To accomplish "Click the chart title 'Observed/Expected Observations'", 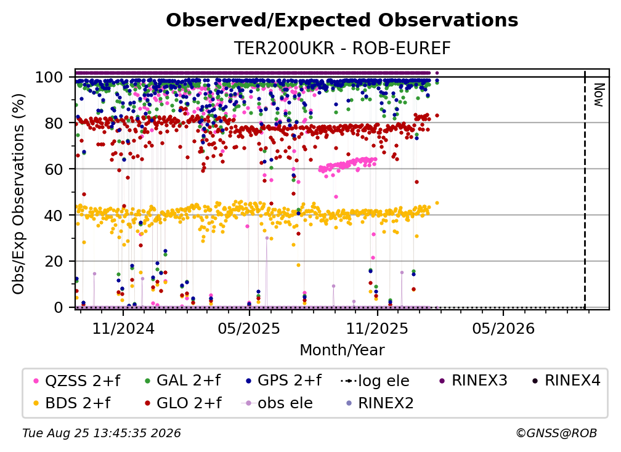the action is click(342, 20).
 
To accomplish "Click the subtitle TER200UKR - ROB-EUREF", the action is click(342, 48).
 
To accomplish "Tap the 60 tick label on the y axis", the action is click(54, 169).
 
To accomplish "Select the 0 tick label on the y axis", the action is click(59, 307).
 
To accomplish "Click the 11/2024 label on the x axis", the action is click(123, 328).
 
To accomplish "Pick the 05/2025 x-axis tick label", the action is click(249, 328).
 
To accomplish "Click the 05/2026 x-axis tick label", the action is click(503, 328).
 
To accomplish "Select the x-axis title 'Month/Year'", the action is click(342, 350).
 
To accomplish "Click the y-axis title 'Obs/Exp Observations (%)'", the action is click(18, 194).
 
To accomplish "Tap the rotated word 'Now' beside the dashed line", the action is click(598, 95).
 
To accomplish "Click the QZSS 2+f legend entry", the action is click(77, 381).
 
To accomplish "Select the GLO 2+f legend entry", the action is click(184, 403).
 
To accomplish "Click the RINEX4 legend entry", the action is click(566, 381).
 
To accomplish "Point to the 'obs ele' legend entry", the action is click(277, 403).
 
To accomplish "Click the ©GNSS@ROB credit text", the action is click(556, 433).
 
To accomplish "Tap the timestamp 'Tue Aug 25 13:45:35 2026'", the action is click(102, 433).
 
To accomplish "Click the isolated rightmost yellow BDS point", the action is click(437, 203).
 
